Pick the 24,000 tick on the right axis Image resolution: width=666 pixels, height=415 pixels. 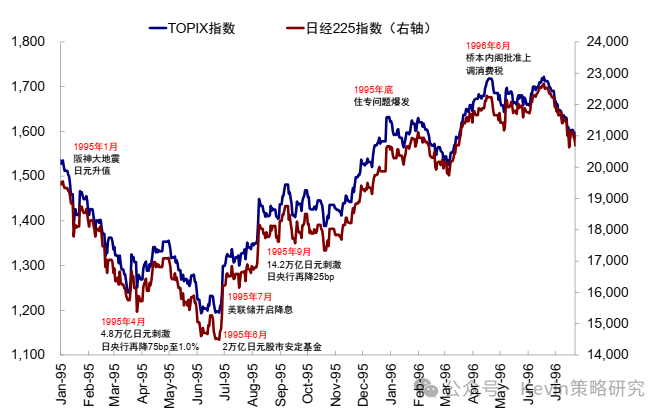(603, 41)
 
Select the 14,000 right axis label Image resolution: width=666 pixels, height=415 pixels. (603, 354)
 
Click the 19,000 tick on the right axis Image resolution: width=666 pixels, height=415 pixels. (603, 198)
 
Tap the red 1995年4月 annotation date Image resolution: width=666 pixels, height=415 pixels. (124, 322)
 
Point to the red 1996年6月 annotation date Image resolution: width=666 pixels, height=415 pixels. (488, 46)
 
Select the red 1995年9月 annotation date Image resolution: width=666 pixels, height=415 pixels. (290, 252)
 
